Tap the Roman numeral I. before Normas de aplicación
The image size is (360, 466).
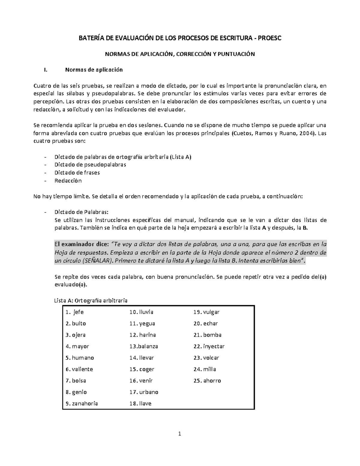[x=45, y=70]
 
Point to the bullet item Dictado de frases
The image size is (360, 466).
[x=77, y=173]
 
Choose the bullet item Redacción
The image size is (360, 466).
[x=68, y=181]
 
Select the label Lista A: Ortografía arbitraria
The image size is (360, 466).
[x=91, y=300]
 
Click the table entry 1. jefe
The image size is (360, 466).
[x=75, y=312]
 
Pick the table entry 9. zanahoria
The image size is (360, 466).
[x=82, y=404]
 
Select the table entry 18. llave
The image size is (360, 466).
[x=140, y=404]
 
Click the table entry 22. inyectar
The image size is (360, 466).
[x=209, y=346]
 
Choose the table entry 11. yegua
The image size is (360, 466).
[x=142, y=323]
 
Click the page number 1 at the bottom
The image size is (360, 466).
[x=180, y=434]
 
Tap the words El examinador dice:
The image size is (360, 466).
[x=82, y=243]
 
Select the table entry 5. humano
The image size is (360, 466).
[x=80, y=358]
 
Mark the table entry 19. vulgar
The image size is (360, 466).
[x=206, y=312]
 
